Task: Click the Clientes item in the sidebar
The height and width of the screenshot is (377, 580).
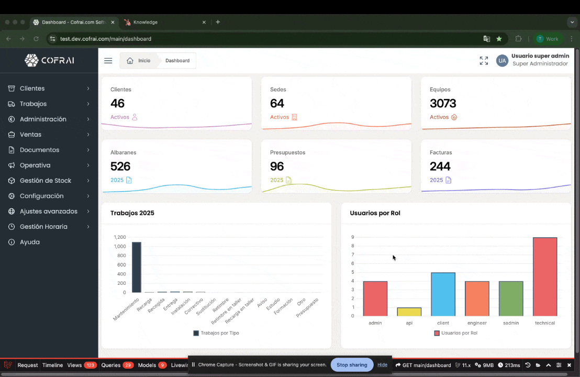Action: (x=32, y=88)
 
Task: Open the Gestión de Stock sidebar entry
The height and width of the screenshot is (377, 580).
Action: (x=45, y=181)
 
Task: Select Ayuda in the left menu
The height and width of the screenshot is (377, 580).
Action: (x=29, y=242)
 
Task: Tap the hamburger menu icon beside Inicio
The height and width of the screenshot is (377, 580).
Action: (x=108, y=61)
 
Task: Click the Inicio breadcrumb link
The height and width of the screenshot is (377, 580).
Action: (x=139, y=61)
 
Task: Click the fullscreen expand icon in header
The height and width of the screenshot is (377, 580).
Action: (x=484, y=61)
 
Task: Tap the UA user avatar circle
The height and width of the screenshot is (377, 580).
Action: (x=502, y=61)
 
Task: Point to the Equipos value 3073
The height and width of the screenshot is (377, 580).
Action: (x=443, y=103)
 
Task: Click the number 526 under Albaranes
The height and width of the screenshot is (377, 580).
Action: (x=120, y=166)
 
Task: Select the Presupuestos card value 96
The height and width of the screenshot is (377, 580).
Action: (x=277, y=166)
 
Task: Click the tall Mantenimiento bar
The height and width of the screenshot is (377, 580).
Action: (x=136, y=267)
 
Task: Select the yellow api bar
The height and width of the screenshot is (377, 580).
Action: (x=409, y=312)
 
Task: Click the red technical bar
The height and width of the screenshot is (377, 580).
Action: (x=544, y=276)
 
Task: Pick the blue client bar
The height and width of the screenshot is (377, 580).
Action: (x=443, y=294)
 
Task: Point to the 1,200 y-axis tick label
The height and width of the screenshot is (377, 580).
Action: (x=119, y=237)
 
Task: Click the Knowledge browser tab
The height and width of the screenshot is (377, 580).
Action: (x=145, y=22)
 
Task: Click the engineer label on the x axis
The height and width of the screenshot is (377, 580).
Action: (x=477, y=323)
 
